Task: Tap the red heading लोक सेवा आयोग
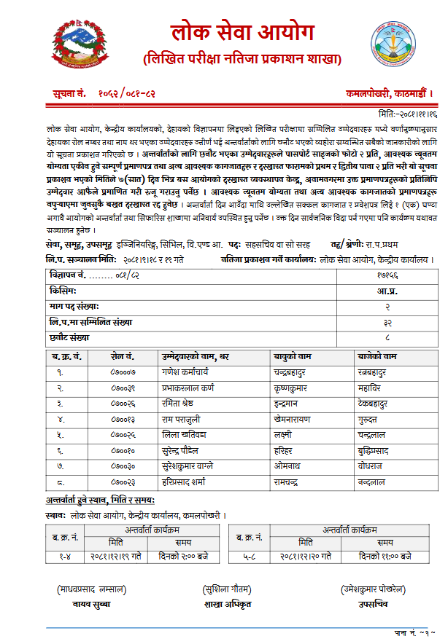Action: (x=242, y=33)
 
